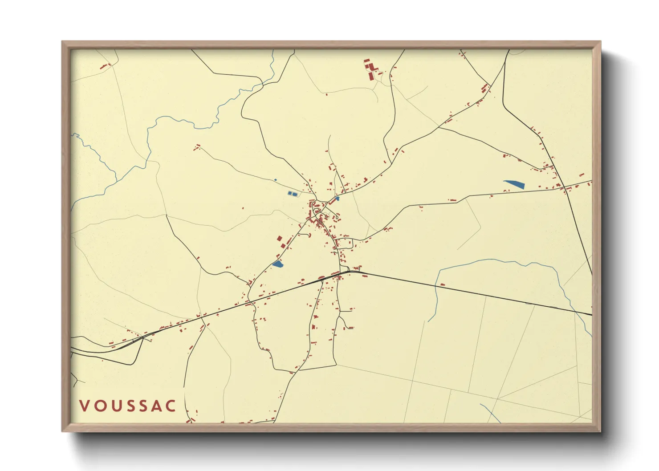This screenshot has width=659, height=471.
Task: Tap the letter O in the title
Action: [100, 406]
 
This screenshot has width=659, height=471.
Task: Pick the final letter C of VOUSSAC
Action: [171, 406]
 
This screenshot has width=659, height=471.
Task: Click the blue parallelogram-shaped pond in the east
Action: [514, 183]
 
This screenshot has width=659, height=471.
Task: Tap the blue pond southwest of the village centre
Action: [277, 264]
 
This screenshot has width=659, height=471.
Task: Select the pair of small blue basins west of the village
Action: [292, 194]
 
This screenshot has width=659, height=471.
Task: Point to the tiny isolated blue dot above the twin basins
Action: [275, 180]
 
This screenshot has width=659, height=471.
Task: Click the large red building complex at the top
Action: [370, 69]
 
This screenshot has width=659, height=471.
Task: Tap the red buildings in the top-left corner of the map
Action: [105, 66]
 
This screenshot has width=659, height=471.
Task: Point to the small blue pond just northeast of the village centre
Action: [338, 199]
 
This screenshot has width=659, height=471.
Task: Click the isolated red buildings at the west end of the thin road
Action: [196, 147]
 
